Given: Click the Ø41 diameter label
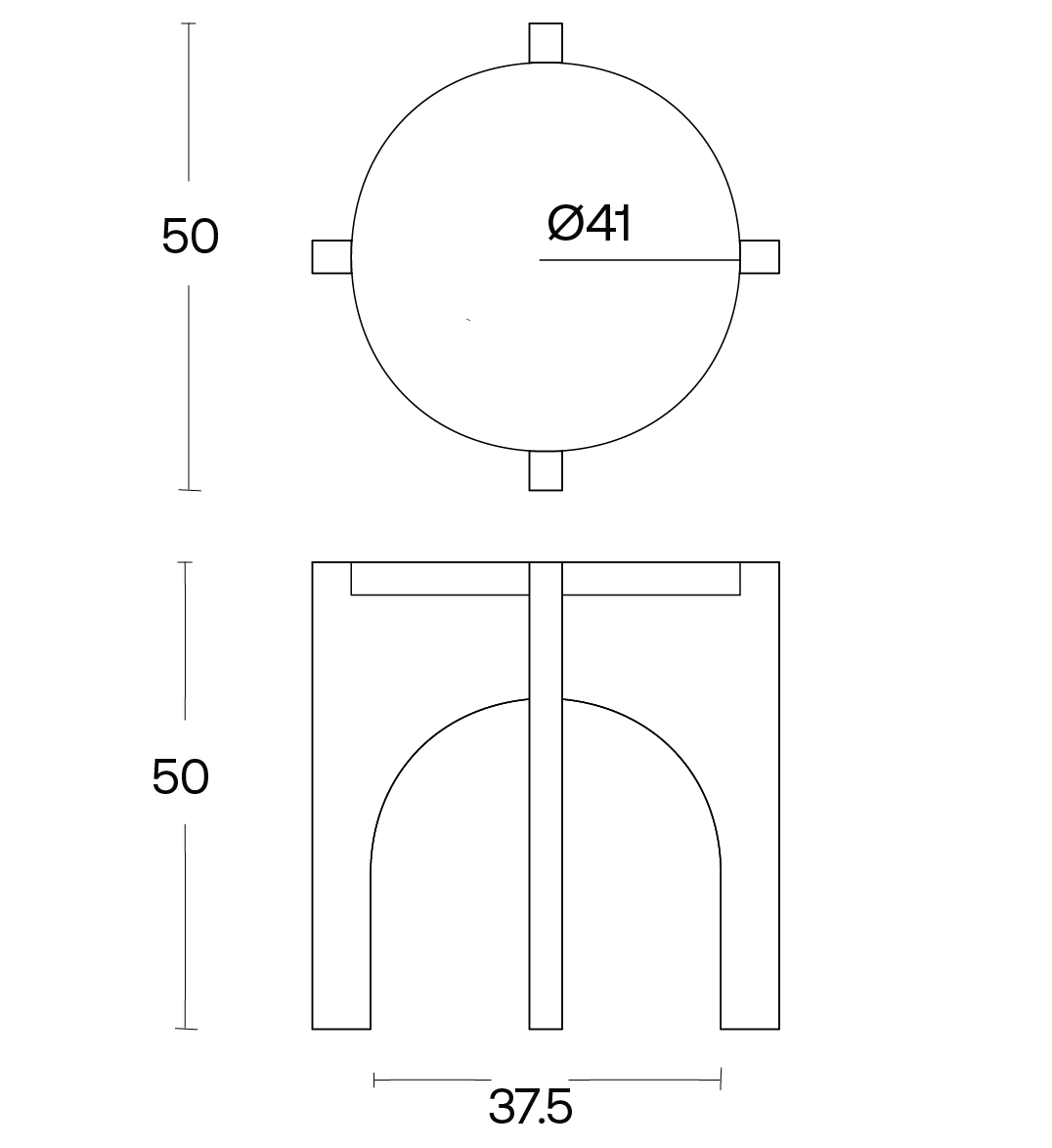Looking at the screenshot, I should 589,224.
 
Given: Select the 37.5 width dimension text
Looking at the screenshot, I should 529,1106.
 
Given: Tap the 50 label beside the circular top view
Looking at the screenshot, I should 190,237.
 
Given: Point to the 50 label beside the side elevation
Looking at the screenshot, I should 180,777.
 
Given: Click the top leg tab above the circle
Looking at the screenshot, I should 546,42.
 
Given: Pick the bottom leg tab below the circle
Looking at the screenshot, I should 546,470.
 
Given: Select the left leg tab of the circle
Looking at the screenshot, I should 330,256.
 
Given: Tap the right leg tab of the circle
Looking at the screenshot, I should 760,256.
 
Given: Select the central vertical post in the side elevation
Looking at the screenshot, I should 546,831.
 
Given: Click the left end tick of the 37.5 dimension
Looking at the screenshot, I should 374,1080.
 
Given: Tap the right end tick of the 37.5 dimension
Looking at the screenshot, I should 721,1080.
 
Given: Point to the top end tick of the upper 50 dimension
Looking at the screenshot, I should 189,23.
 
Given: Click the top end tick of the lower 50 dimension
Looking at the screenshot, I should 184,562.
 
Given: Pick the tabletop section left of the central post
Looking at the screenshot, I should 440,578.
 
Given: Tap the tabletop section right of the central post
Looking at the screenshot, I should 651,578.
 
